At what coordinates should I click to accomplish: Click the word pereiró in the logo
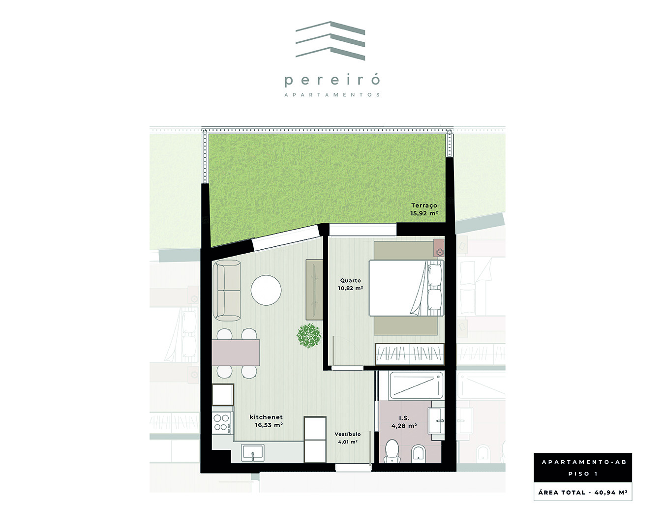coord(332,80)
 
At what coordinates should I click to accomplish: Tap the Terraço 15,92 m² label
coord(424,209)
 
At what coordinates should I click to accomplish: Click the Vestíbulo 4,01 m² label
coord(348,438)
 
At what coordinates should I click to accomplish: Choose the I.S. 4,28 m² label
coord(404,422)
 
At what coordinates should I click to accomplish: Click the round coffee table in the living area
coord(266,291)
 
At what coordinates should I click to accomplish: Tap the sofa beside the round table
coord(227,291)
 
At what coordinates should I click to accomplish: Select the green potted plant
coord(309,336)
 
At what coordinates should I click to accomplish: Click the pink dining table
coord(236,353)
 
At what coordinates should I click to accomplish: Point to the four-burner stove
coord(222,423)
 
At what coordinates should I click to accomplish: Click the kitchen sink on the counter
coord(253,453)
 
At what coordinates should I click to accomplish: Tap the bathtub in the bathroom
coord(416,385)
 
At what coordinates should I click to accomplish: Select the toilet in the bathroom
coord(392,451)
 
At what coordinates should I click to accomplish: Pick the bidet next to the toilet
coord(419,454)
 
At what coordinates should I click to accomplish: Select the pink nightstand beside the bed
coord(438,248)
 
